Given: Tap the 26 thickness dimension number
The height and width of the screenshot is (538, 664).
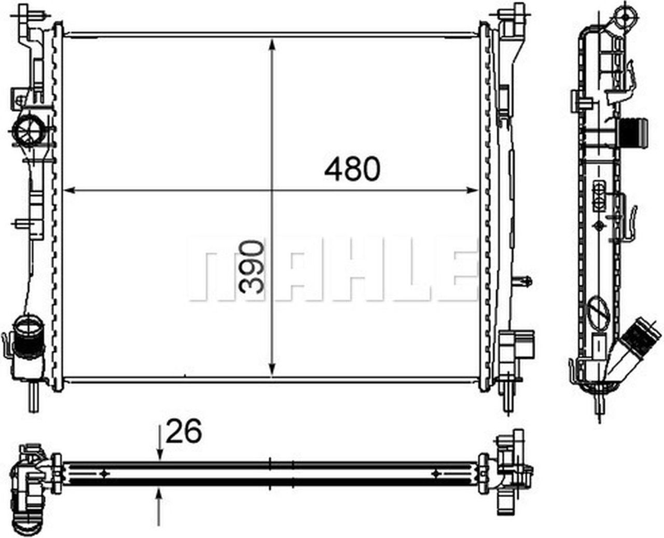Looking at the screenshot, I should point(183,432).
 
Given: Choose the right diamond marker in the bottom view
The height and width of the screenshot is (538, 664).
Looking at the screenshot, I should point(437,473).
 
